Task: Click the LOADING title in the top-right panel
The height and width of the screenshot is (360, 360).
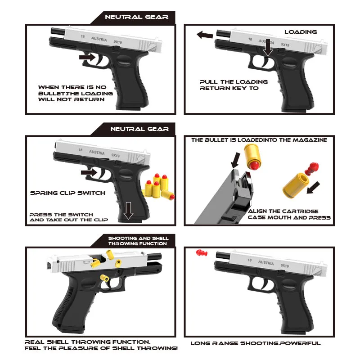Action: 300,32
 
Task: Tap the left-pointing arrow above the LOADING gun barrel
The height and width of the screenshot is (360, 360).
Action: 205,35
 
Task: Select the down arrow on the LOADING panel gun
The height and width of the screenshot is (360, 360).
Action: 268,47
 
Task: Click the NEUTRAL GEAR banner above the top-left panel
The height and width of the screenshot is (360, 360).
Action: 136,17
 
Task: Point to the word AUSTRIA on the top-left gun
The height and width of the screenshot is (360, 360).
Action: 99,39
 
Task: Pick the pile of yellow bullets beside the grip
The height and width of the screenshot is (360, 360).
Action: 158,186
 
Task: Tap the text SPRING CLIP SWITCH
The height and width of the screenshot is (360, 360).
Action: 67,193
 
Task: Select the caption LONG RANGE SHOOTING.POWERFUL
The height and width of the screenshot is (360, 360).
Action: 255,343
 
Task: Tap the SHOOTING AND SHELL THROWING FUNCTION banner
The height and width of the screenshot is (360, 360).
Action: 138,241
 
